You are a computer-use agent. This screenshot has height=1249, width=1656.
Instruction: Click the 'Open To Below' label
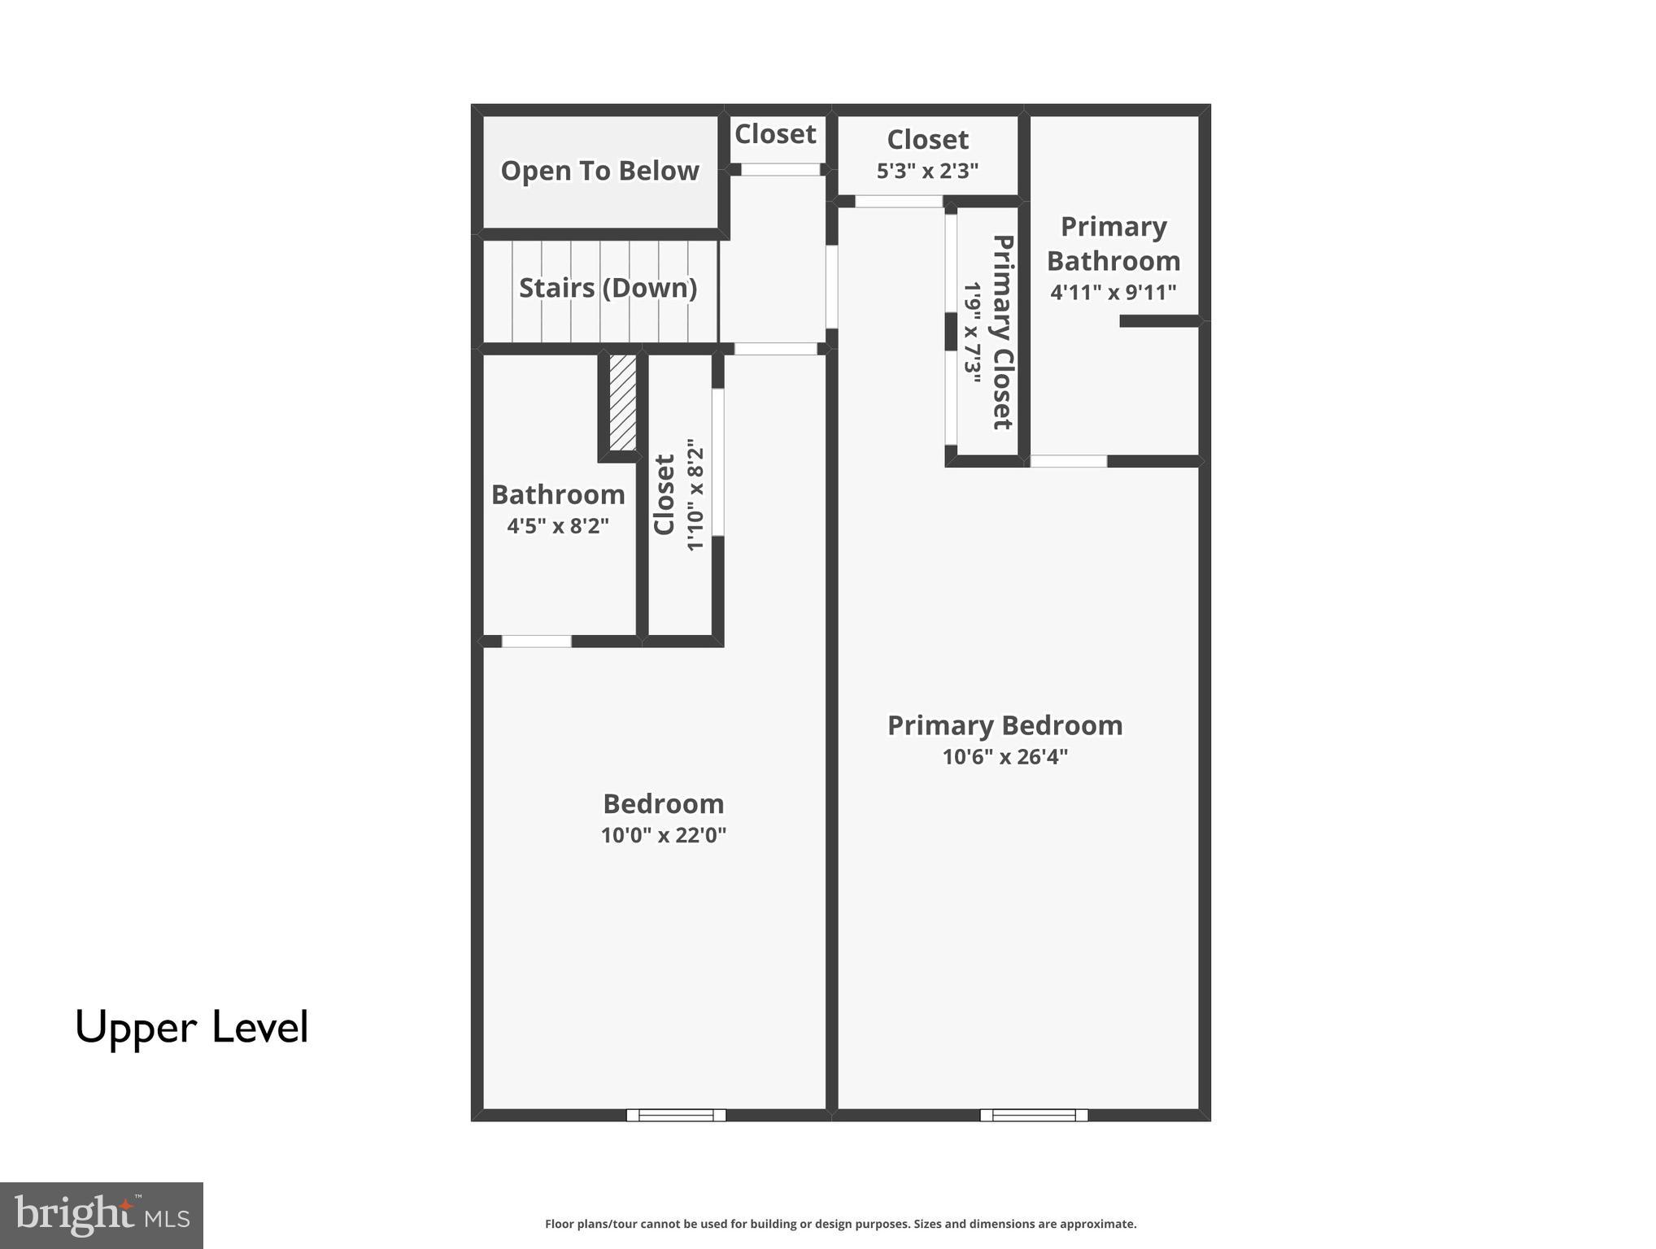[x=599, y=171]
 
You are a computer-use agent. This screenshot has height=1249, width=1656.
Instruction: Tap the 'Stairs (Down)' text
[x=608, y=288]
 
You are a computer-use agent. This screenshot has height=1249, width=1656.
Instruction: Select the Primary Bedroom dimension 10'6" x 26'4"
[x=1004, y=757]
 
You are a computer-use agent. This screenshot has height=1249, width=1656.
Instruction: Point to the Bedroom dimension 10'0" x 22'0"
[x=663, y=835]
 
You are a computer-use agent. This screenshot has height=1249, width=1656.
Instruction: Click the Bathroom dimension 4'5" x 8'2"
[x=558, y=526]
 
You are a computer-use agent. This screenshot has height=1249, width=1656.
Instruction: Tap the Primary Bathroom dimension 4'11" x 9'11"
[x=1113, y=292]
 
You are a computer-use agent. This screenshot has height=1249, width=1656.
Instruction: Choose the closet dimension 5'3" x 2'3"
[x=927, y=171]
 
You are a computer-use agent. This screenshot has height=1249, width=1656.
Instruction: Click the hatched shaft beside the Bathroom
[x=623, y=402]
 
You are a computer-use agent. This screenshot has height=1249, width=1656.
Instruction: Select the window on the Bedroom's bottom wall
[x=676, y=1115]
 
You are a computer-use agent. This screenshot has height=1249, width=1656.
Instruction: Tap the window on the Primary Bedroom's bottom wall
[x=1034, y=1115]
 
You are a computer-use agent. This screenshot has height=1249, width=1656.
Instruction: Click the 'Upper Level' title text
[x=192, y=1027]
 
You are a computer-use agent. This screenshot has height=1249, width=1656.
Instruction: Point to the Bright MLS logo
[x=102, y=1215]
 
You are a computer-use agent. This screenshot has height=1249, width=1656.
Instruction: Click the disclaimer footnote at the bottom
[x=840, y=1224]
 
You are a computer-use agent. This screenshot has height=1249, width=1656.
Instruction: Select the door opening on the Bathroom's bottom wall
[x=536, y=642]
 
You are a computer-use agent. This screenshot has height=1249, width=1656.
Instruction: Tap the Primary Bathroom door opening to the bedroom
[x=1068, y=461]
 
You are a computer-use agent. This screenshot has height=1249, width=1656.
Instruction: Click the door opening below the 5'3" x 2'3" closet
[x=898, y=202]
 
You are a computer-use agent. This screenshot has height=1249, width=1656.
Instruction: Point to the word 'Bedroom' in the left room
[x=663, y=803]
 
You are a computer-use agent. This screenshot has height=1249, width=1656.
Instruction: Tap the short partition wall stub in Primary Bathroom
[x=1159, y=321]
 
